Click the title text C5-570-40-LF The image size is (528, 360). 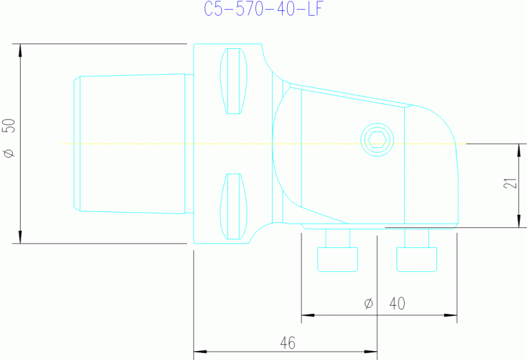coord(264,10)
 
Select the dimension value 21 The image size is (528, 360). coord(510,184)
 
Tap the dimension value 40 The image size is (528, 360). coord(398,303)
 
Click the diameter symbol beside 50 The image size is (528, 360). coord(9,153)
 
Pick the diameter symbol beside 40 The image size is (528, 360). coord(368,303)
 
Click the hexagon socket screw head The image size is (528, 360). coord(376,140)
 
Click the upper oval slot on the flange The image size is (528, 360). coord(233,81)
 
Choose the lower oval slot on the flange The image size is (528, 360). coord(233,206)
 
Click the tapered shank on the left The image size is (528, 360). coord(131,143)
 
